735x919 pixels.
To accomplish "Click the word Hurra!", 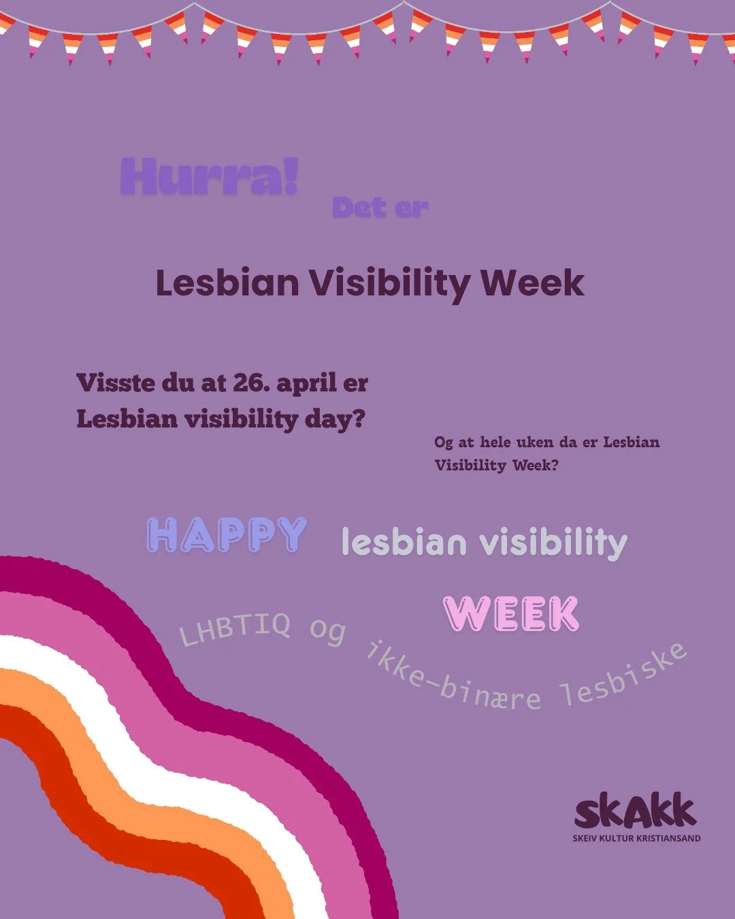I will click(x=209, y=177).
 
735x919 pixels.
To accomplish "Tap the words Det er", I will click(x=380, y=208).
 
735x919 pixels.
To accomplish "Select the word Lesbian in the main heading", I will click(x=227, y=283).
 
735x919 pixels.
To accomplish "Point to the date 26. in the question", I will click(x=250, y=383).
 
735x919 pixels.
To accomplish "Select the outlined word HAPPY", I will click(x=227, y=535).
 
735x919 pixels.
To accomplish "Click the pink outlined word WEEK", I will click(x=510, y=614).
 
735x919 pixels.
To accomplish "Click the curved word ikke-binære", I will click(x=453, y=681).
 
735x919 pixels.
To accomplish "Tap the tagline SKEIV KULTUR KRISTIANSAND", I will click(x=636, y=839).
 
